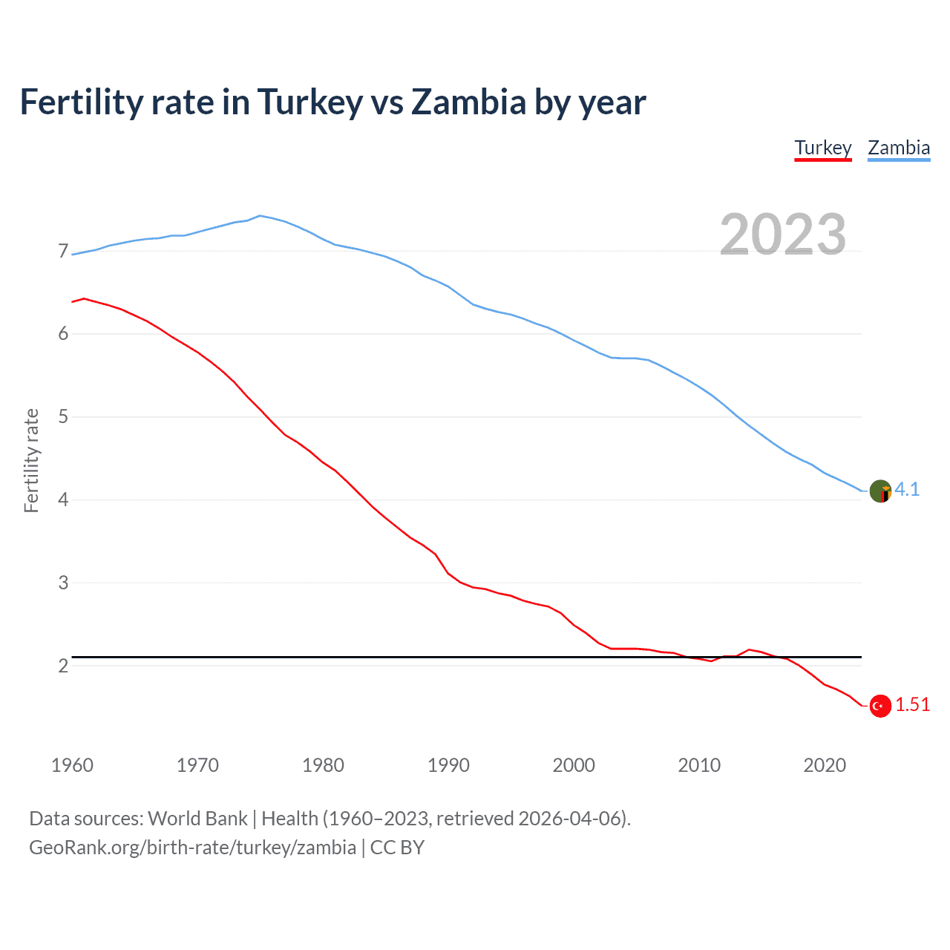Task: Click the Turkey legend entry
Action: point(822,148)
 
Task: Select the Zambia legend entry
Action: point(899,148)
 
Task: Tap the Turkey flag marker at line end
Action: point(880,706)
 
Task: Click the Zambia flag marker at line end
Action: point(880,491)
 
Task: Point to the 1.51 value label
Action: point(912,704)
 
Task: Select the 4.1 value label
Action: point(907,490)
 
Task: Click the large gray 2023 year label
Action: point(783,235)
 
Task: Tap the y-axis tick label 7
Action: point(63,252)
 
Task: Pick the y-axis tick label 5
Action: point(63,417)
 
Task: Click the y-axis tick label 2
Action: point(63,666)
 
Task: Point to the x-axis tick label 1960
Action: point(72,765)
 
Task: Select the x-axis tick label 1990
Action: point(448,765)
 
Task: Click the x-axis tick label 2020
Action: point(825,765)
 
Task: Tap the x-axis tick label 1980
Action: point(323,765)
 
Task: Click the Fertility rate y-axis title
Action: point(31,460)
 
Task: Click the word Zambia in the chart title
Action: point(468,102)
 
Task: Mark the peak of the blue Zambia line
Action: point(259,216)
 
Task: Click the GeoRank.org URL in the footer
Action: point(192,848)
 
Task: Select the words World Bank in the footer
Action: point(197,819)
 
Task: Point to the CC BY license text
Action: point(397,848)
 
